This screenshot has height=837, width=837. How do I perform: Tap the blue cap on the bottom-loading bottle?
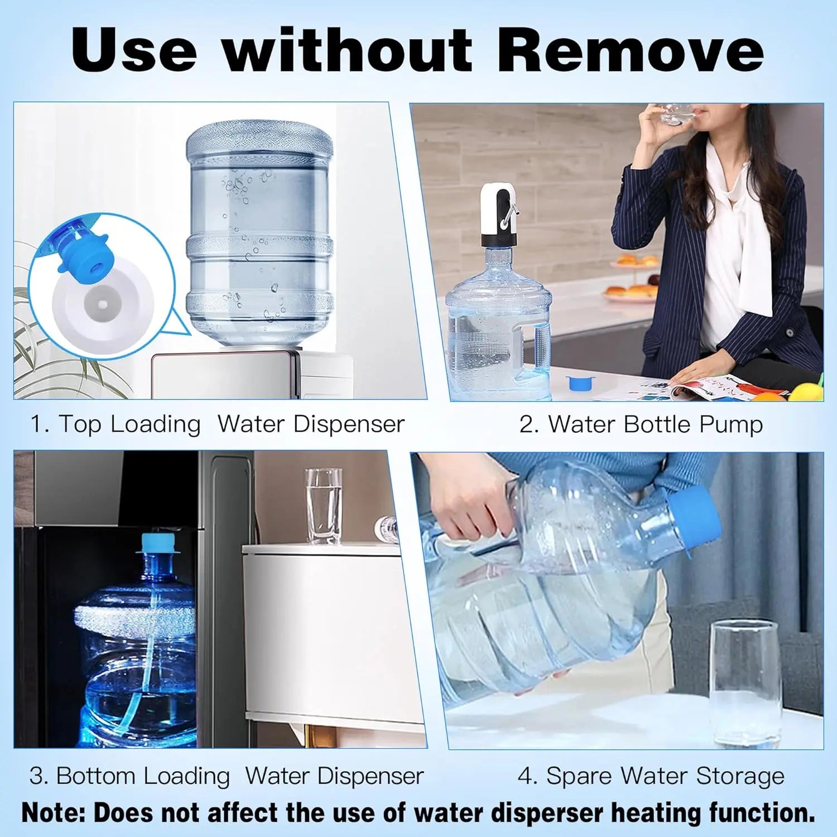tap(158, 543)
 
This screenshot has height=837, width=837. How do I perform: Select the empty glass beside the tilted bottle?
tap(744, 681)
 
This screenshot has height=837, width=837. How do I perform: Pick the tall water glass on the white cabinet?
tap(324, 506)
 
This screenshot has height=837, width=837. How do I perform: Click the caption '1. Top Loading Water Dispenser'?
tap(217, 424)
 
